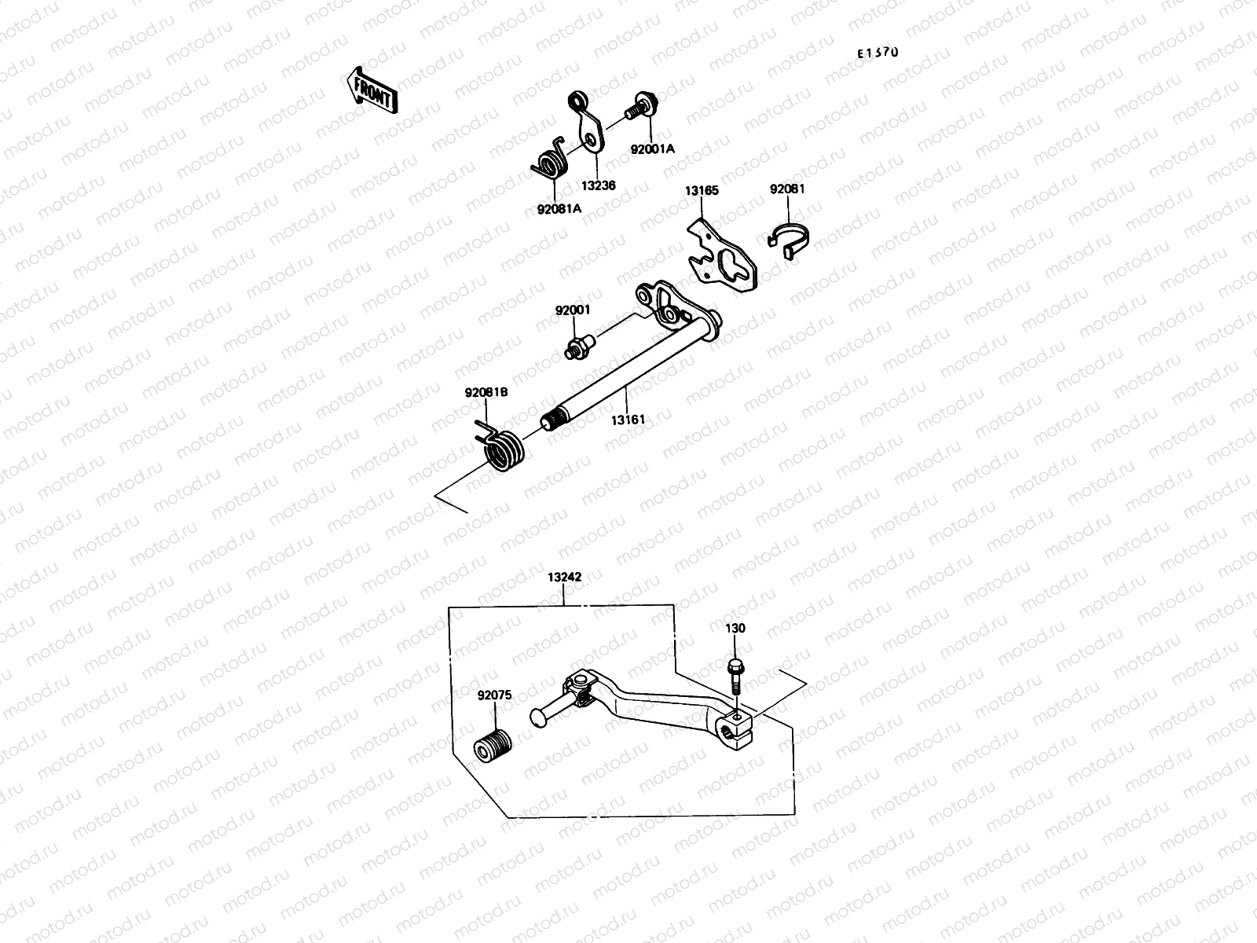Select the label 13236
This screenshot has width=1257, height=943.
(599, 185)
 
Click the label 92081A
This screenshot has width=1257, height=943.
(559, 209)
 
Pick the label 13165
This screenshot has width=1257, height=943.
(701, 190)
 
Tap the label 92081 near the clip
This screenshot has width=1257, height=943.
(786, 189)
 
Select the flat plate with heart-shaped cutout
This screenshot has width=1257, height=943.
(723, 257)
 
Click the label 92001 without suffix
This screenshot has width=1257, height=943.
(573, 310)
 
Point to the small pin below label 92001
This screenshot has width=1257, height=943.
(577, 347)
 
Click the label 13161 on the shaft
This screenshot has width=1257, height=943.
(628, 420)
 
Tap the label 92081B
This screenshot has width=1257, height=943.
(486, 393)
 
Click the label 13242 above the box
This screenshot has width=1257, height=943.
(564, 577)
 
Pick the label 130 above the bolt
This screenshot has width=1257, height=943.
(736, 629)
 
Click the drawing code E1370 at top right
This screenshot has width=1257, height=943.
(877, 53)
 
